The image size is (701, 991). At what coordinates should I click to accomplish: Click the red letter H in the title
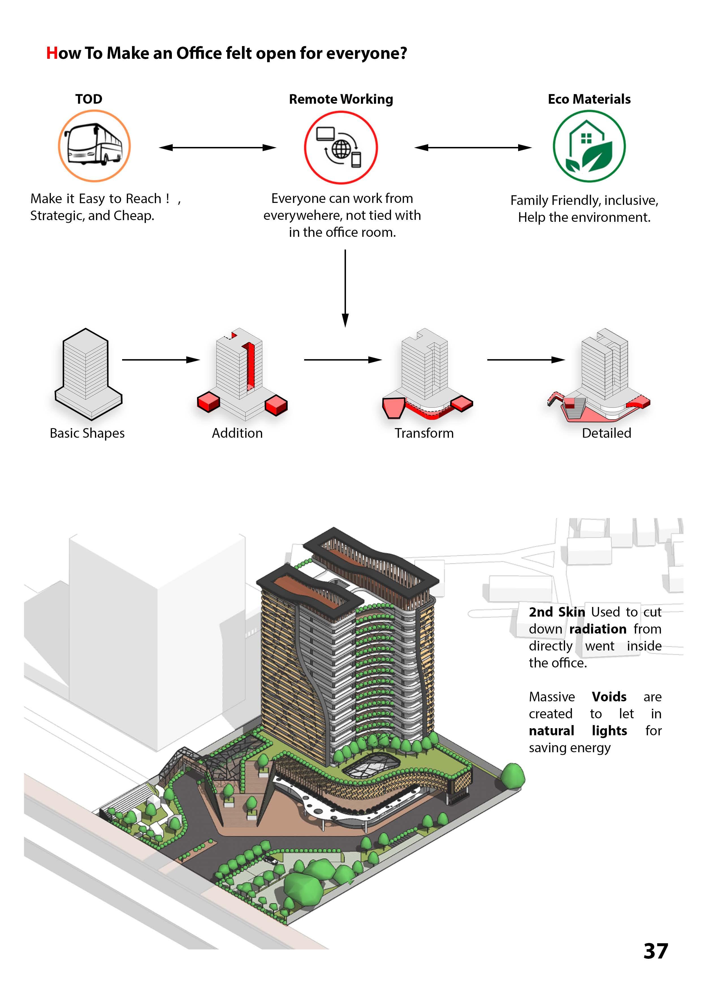[52, 53]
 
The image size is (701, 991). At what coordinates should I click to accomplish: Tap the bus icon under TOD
[94, 146]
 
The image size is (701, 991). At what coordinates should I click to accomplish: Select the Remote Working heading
[341, 99]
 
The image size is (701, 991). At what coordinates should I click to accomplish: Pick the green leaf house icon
[589, 147]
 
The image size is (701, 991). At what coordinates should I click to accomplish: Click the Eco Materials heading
[589, 99]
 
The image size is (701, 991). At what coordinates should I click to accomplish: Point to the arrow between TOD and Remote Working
[218, 148]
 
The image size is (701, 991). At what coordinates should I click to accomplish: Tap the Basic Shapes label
[87, 433]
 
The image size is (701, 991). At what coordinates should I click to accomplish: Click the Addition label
[237, 433]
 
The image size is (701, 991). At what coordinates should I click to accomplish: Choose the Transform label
[424, 433]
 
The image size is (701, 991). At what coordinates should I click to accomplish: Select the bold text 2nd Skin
[557, 612]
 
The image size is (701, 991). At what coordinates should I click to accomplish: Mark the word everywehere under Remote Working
[302, 215]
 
